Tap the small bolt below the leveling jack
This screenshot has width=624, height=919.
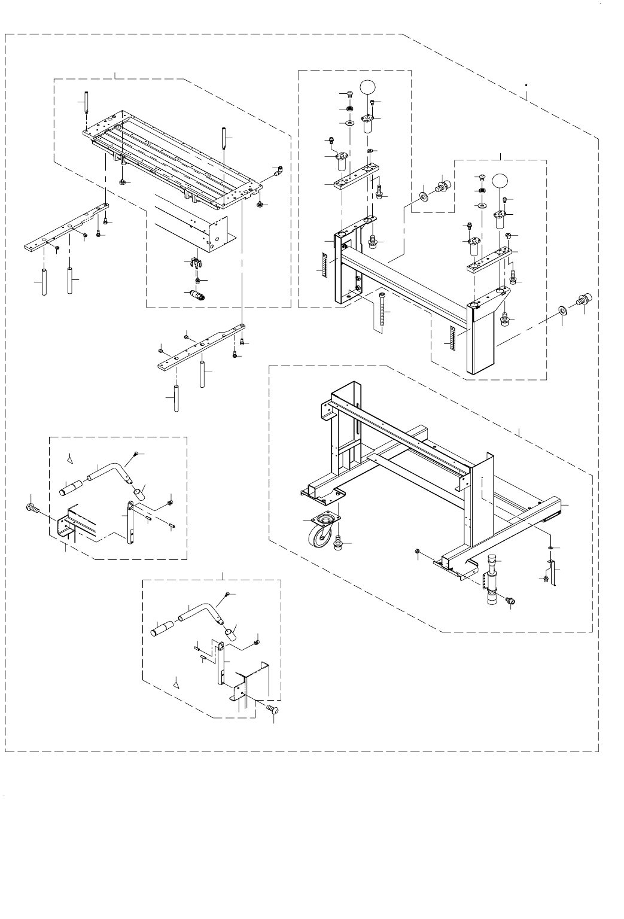point(510,600)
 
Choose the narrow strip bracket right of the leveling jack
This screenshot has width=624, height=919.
point(553,574)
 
